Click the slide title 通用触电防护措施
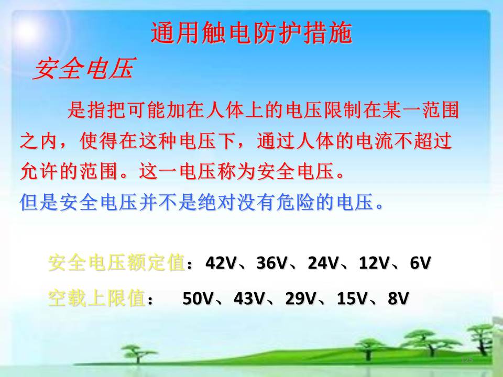pyautogui.click(x=251, y=32)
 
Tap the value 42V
pyautogui.click(x=221, y=263)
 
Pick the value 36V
pyautogui.click(x=272, y=263)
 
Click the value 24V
pyautogui.click(x=323, y=263)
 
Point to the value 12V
pyautogui.click(x=374, y=263)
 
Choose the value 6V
pyautogui.click(x=420, y=263)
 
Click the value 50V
pyautogui.click(x=198, y=298)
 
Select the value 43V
pyautogui.click(x=249, y=298)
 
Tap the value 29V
pyautogui.click(x=301, y=298)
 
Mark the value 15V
pyautogui.click(x=352, y=298)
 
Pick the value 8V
pyautogui.click(x=398, y=298)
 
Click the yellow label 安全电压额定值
pyautogui.click(x=116, y=262)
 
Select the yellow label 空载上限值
pyautogui.click(x=96, y=298)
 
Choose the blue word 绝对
pyautogui.click(x=217, y=202)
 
